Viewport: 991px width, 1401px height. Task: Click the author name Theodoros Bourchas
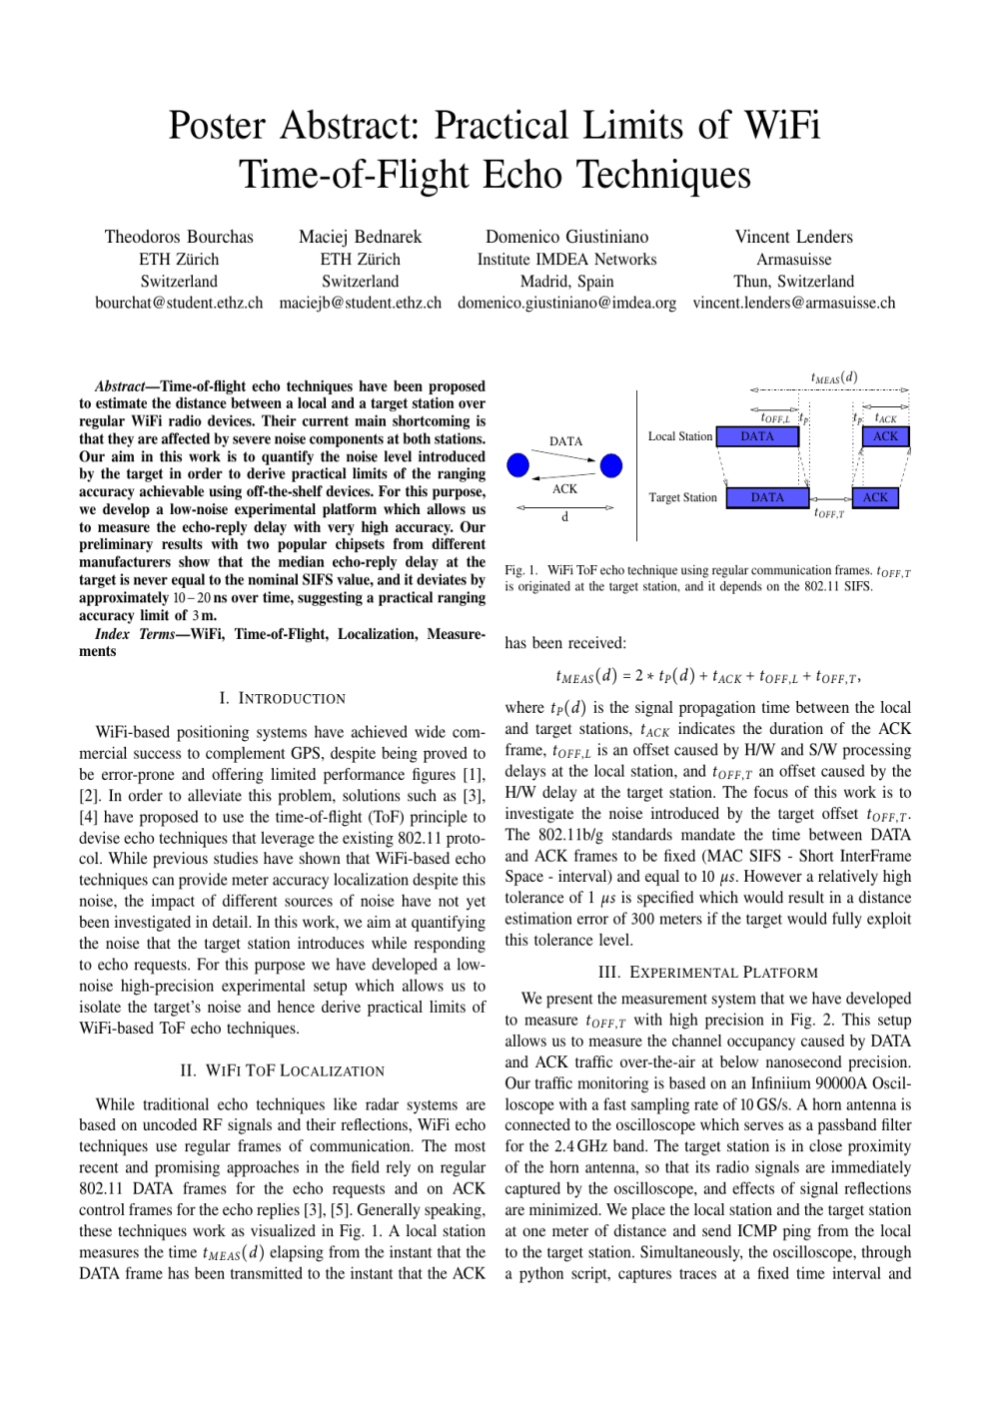coord(179,237)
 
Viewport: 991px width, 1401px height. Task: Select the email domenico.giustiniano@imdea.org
coord(566,303)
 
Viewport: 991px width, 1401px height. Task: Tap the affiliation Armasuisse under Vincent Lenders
coord(793,260)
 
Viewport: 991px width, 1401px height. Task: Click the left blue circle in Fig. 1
coord(517,465)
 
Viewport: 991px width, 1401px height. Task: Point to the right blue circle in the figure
coord(611,465)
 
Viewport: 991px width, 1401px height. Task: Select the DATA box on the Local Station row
coord(757,436)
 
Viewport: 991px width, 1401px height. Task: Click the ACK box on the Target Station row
coord(875,497)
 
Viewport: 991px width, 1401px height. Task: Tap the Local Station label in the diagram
coord(679,436)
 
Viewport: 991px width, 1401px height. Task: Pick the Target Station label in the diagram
coord(682,497)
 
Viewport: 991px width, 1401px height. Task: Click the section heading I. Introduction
coord(282,699)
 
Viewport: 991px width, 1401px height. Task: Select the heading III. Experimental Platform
coord(707,973)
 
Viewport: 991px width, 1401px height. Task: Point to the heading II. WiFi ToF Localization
coord(282,1070)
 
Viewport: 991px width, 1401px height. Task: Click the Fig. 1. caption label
coord(519,570)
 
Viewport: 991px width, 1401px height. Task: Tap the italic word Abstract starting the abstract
coord(119,386)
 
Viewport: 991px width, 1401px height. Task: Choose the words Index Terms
coord(134,634)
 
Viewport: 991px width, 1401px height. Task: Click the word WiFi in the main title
coord(782,126)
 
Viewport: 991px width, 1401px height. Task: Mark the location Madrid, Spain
coord(566,282)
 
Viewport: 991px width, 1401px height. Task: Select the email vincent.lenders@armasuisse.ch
coord(793,303)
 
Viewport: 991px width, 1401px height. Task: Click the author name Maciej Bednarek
coord(360,237)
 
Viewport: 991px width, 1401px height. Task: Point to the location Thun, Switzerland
coord(793,282)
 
